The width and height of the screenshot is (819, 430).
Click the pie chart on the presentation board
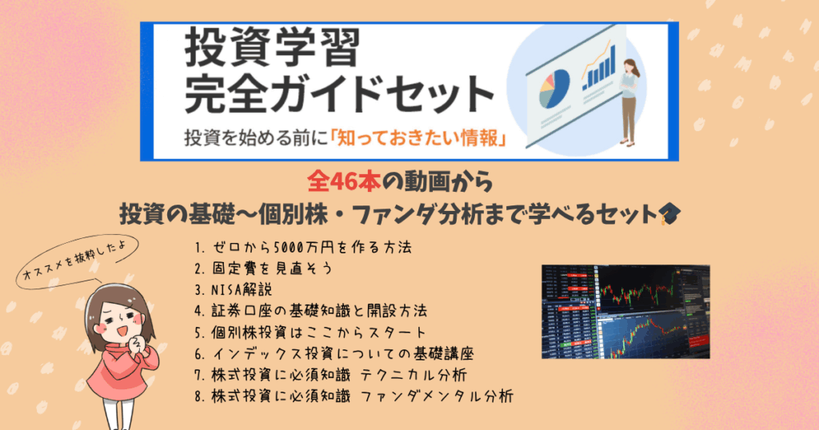coord(553,90)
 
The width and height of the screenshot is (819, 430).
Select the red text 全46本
coord(344,181)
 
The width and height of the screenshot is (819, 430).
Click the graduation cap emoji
coord(669,214)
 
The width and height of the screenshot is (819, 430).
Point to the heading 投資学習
coord(272,47)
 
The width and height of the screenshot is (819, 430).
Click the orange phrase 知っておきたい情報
coord(418,138)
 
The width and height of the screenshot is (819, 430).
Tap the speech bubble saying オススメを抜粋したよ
coord(77,261)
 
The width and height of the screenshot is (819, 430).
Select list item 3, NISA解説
coord(234,289)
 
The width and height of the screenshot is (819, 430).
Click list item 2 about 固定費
coord(263,269)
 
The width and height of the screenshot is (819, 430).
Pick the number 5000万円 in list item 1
coord(302,247)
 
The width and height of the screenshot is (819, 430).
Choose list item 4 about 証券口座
coord(311,311)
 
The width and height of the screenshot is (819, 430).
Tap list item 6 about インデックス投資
coord(334,354)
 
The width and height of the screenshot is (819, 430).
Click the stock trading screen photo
coord(625,312)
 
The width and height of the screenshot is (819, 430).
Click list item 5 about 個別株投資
coord(311,332)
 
